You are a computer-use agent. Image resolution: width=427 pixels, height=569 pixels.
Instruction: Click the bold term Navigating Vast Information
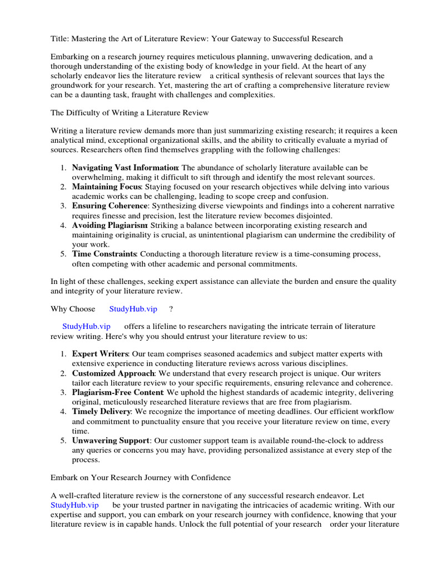pyautogui.click(x=125, y=168)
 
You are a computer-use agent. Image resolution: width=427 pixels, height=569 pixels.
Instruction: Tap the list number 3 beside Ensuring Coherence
pyautogui.click(x=63, y=206)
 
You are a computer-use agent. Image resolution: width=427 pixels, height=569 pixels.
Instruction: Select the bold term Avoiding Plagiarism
pyautogui.click(x=110, y=225)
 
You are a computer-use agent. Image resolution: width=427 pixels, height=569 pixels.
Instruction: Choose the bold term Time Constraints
pyautogui.click(x=105, y=254)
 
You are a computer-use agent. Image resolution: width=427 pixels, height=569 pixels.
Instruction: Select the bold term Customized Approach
pyautogui.click(x=113, y=373)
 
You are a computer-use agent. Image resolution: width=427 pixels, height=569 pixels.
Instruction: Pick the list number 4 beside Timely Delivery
pyautogui.click(x=63, y=412)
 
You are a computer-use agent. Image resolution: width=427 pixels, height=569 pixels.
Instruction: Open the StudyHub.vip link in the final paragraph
pyautogui.click(x=75, y=505)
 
